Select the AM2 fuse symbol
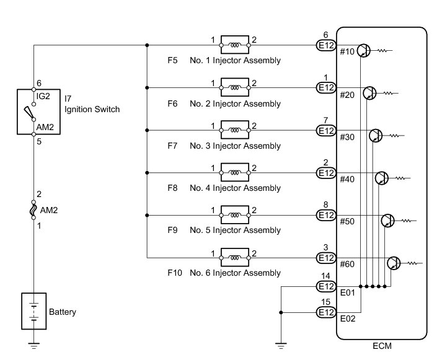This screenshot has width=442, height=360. pos(33,210)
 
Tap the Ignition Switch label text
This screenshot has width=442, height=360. pos(92,109)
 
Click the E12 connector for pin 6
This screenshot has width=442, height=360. pos(326,45)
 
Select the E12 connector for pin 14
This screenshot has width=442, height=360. pos(326,286)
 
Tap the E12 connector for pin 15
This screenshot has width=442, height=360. pos(326,312)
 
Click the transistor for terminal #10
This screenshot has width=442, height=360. pos(364,51)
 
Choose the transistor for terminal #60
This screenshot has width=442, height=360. pos(394,263)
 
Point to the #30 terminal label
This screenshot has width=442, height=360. pos(347,137)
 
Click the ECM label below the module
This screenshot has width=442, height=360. pos(382,346)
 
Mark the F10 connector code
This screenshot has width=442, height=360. pos(175,273)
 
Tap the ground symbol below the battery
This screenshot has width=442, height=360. pos(34,346)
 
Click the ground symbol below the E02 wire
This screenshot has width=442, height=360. pos(281,346)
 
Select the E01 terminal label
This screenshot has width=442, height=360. pos(347,292)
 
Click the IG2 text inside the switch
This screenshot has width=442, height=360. pos(43,96)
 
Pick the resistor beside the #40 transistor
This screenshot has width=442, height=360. pos(401,178)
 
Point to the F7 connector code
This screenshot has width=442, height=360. pos(172,146)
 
